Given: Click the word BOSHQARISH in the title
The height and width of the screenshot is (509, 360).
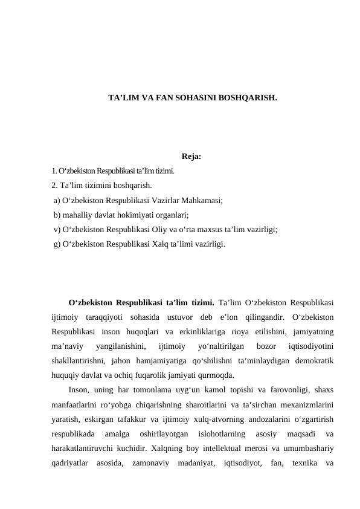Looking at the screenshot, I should (x=248, y=97).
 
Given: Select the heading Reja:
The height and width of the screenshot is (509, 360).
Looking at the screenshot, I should (x=191, y=158).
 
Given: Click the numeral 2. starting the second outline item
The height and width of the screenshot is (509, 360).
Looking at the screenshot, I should (x=55, y=186).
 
